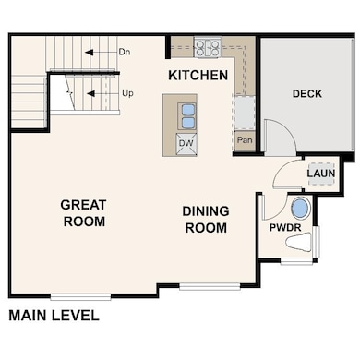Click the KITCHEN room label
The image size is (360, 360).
coord(198,76)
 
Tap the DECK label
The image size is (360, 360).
coord(307,93)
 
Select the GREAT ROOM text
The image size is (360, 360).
coord(84,213)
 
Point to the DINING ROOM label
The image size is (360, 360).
coord(206,220)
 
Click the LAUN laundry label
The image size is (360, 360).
coord(321,174)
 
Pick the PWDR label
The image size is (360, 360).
coord(285,228)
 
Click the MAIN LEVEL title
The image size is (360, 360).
coord(54,316)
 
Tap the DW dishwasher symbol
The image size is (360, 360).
coord(186,143)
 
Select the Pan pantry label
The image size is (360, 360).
coord(245,140)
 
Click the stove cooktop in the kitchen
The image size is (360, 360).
coord(208,47)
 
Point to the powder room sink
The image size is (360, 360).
coord(300,208)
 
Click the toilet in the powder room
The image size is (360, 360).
coord(298,243)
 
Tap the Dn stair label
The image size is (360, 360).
coord(125,52)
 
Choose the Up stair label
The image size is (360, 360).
coord(127,92)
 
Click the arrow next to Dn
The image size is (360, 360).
coord(101,53)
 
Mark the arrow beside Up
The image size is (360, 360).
coord(102,93)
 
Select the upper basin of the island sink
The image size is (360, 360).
coord(187,110)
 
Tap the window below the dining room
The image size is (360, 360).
coord(210,287)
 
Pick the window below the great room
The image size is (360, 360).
coord(80,297)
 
